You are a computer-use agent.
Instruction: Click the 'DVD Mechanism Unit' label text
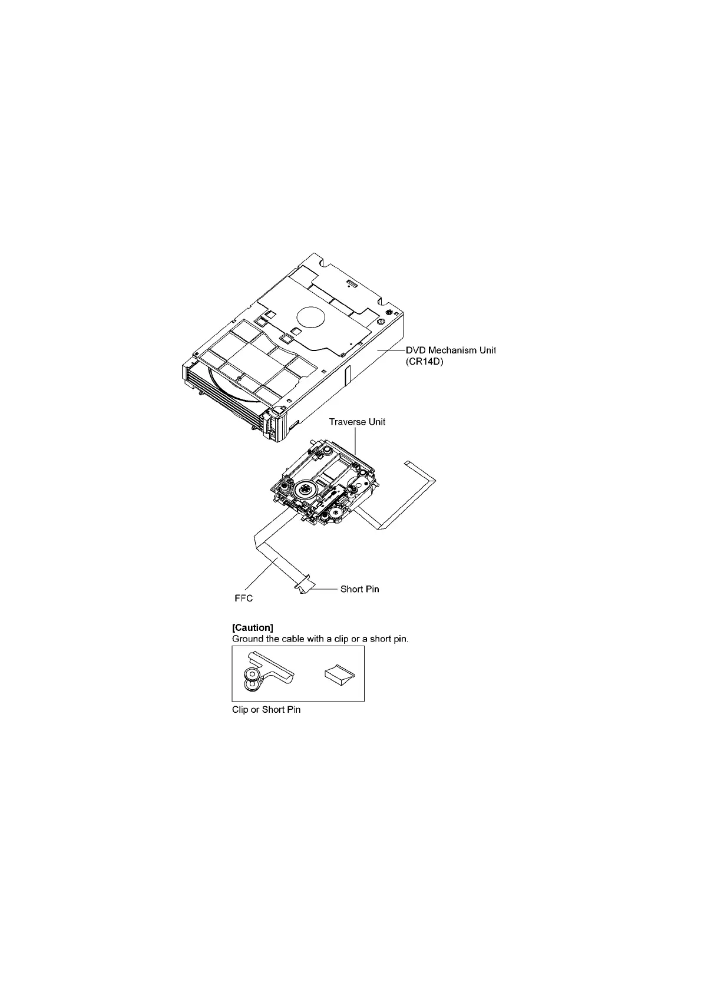pyautogui.click(x=451, y=350)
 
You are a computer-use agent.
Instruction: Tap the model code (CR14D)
pyautogui.click(x=424, y=363)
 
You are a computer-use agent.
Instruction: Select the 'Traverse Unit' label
pyautogui.click(x=357, y=422)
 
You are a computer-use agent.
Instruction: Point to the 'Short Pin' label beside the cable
pyautogui.click(x=359, y=589)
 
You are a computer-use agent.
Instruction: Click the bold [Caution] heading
pyautogui.click(x=253, y=627)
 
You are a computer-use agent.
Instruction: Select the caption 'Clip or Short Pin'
pyautogui.click(x=266, y=710)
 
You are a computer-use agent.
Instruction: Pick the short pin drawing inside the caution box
pyautogui.click(x=342, y=673)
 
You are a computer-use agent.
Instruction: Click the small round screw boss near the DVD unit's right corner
pyautogui.click(x=381, y=322)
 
